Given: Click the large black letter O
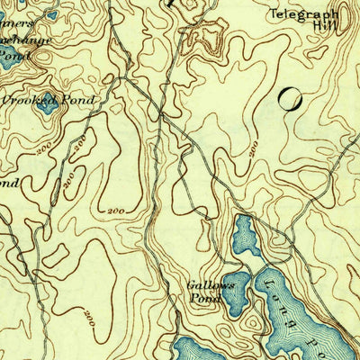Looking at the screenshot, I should [x=290, y=100].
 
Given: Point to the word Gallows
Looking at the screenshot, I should [x=210, y=285].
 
